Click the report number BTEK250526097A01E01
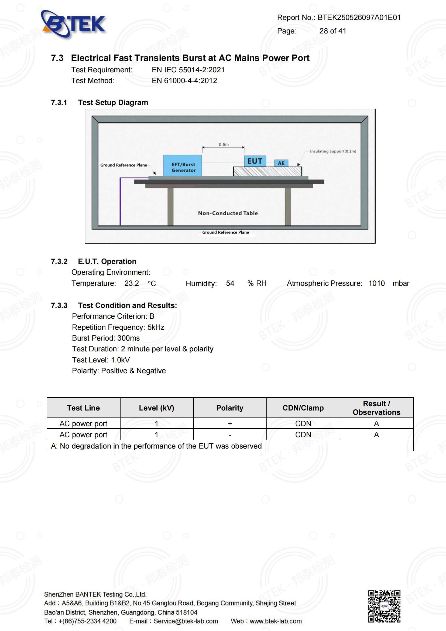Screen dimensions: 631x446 [359, 18]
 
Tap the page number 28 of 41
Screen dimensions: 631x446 [332, 31]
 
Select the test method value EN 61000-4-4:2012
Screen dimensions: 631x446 [184, 81]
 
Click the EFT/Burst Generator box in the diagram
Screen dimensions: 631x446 [183, 166]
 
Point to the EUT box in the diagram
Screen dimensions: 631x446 [255, 161]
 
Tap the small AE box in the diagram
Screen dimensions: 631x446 [281, 163]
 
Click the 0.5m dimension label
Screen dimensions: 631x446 [224, 145]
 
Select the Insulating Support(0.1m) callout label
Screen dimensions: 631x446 [333, 151]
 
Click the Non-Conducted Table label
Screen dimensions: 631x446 [228, 213]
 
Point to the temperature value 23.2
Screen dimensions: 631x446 [132, 283]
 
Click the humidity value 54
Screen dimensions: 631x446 [230, 283]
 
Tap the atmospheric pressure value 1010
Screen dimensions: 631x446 [376, 283]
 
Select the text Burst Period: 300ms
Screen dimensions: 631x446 [106, 338]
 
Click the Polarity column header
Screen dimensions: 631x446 [230, 408]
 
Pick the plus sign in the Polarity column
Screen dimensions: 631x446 [230, 424]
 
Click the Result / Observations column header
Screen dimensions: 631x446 [376, 408]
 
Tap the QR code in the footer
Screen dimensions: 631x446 [384, 606]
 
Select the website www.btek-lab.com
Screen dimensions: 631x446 [276, 621]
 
